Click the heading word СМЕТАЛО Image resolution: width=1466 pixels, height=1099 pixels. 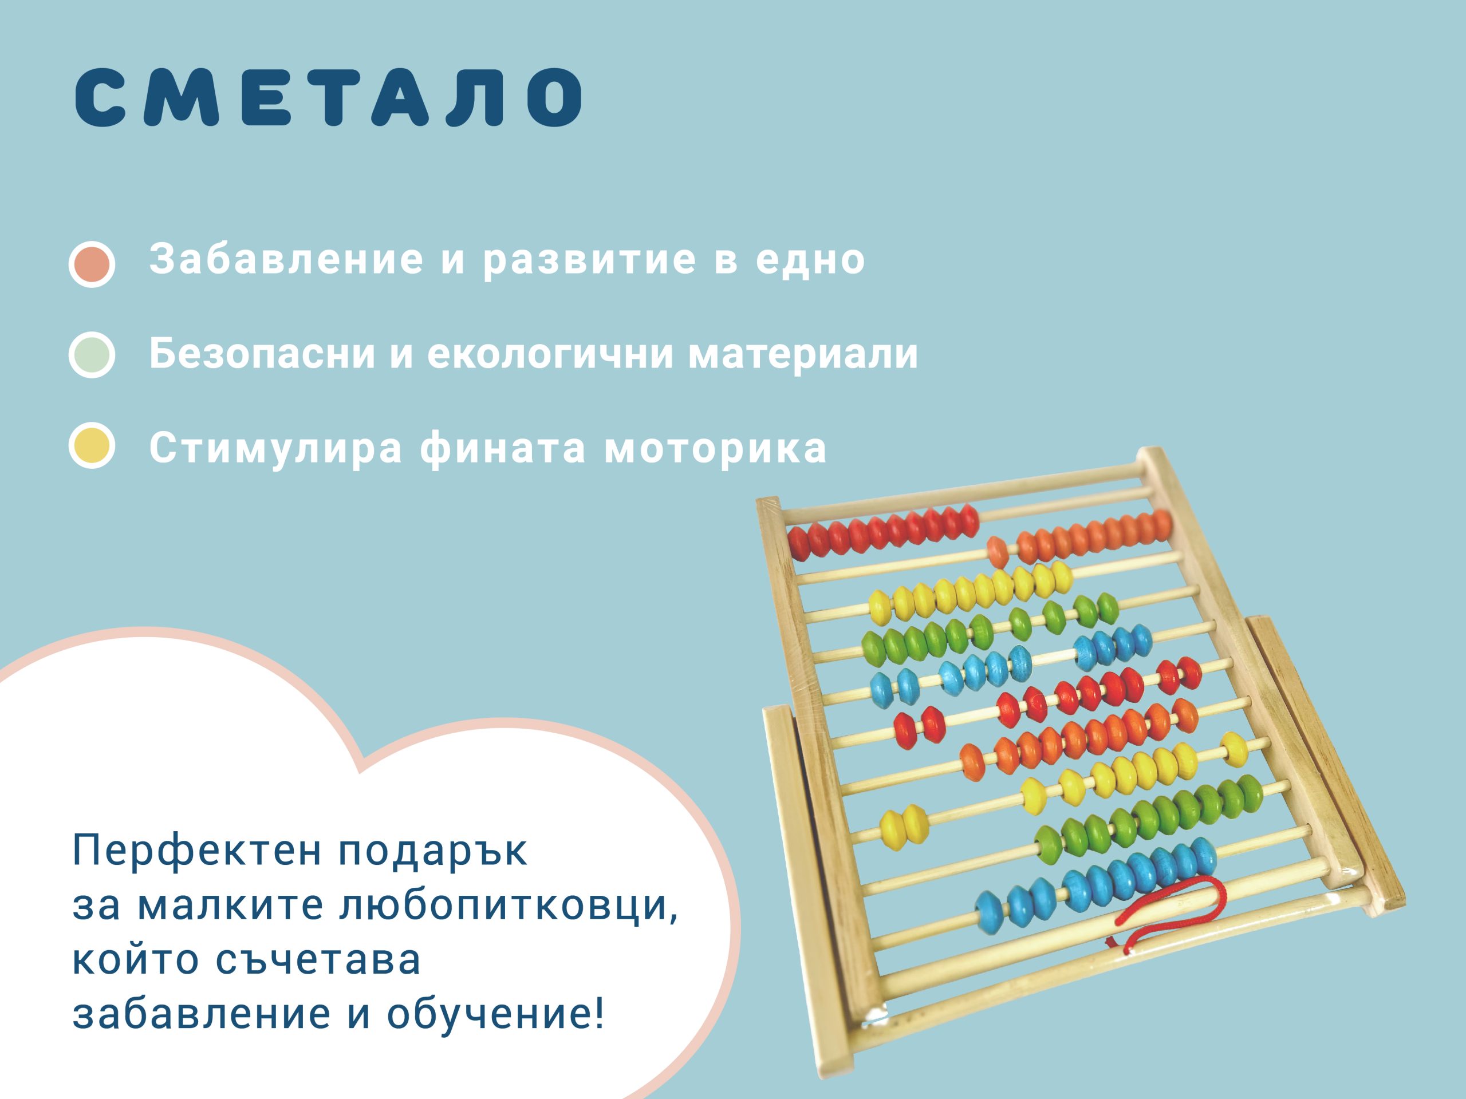(x=329, y=97)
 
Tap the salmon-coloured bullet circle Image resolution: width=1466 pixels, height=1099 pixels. (x=92, y=264)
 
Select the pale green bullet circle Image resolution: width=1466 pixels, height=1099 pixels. (x=92, y=354)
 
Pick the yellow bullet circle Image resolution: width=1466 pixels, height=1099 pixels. (x=92, y=445)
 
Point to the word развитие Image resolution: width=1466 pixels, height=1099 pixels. (x=590, y=260)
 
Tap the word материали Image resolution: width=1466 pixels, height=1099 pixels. (x=803, y=354)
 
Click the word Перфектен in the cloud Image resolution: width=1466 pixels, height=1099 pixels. (x=198, y=851)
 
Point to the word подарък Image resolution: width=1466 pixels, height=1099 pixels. (x=433, y=852)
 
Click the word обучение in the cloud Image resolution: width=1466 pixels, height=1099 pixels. (x=496, y=1014)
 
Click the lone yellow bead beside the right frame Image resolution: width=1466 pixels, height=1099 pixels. (x=1234, y=749)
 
